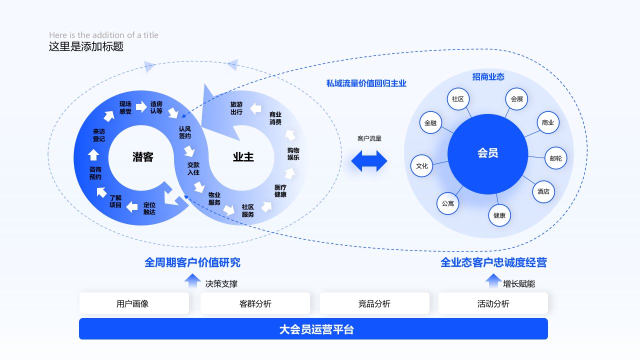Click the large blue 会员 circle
tap(487, 154)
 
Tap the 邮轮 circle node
tap(555, 158)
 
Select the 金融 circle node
tap(430, 122)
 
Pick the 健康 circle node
tap(499, 215)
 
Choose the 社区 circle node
tap(457, 99)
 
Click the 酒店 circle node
tap(543, 191)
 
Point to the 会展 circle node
tap(516, 99)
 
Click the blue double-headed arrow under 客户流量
tap(369, 161)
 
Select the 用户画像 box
tap(134, 303)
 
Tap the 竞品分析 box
tap(374, 303)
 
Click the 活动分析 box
tap(493, 303)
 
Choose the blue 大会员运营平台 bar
tap(313, 329)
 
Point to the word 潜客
tap(143, 157)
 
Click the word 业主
tap(243, 157)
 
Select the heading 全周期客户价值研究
tap(192, 262)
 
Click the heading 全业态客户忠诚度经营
tap(493, 262)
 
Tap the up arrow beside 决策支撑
tap(192, 281)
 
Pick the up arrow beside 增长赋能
tap(493, 281)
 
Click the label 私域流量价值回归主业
tap(366, 83)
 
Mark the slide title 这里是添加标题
tap(86, 47)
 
